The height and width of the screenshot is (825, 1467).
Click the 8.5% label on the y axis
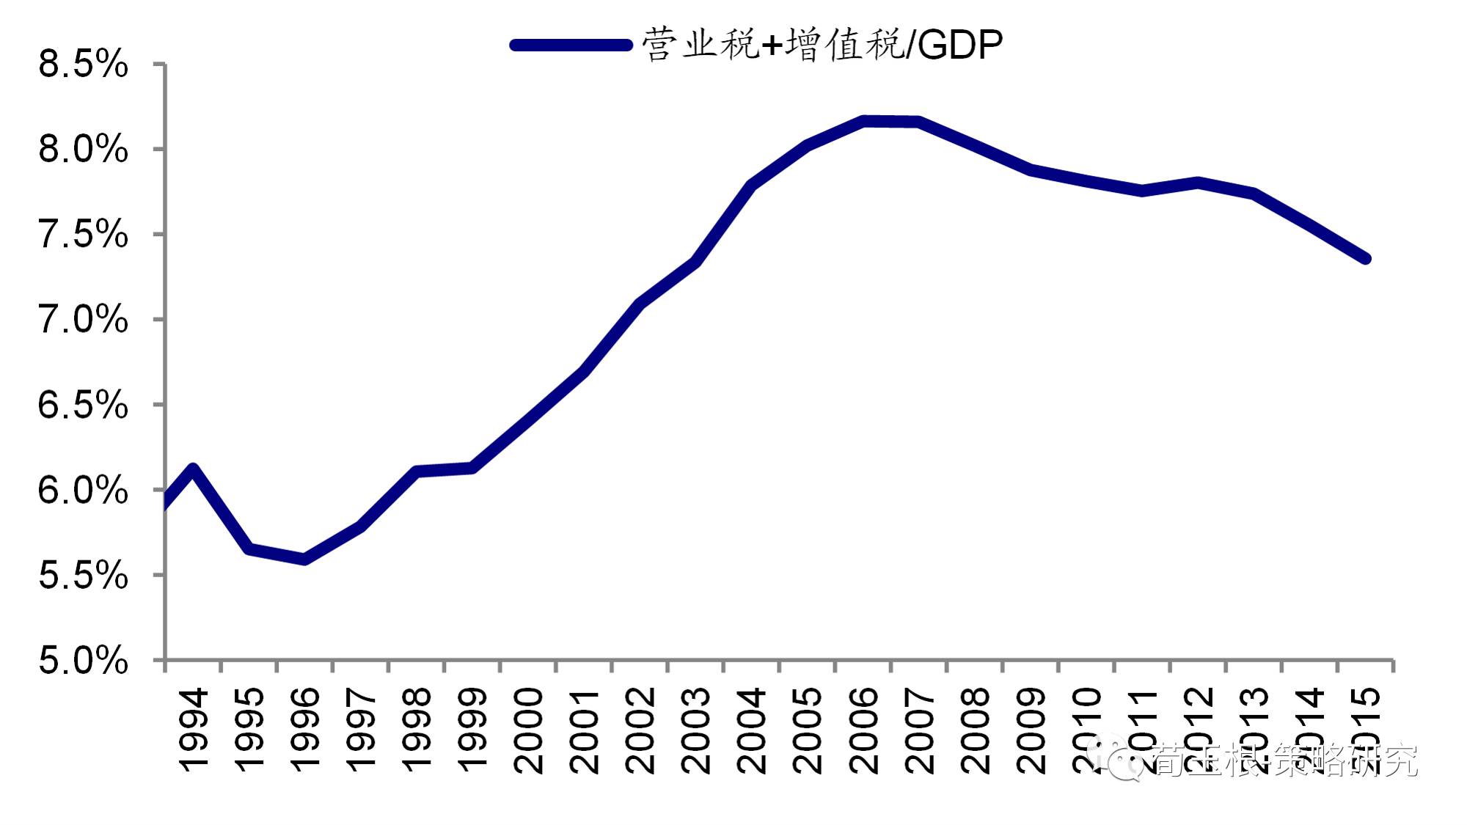83,64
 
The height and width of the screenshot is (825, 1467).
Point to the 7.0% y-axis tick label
83,320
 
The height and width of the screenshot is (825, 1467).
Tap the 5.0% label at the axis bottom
83,661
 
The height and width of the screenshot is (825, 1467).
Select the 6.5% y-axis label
83,406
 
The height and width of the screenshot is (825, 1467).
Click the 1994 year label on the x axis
193,730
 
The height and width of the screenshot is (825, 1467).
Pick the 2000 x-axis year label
528,730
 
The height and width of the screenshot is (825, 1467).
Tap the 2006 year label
863,730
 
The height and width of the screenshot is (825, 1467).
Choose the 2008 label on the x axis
975,730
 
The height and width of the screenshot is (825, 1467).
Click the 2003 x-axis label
695,730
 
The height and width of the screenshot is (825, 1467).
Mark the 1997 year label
360,730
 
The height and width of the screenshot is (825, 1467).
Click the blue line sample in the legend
571,45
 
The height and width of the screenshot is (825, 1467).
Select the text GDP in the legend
959,45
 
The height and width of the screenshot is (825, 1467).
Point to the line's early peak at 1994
193,469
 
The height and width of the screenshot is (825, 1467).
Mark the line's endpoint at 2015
1365,258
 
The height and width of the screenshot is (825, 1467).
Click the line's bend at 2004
752,185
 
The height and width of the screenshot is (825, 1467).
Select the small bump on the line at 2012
1198,183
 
